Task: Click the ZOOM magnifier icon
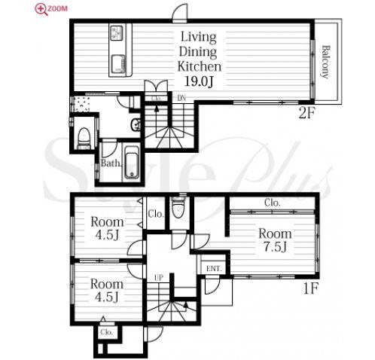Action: pyautogui.click(x=41, y=10)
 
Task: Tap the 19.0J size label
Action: pyautogui.click(x=200, y=81)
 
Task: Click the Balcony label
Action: pyautogui.click(x=325, y=62)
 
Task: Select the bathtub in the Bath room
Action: pyautogui.click(x=132, y=163)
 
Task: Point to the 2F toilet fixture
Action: pyautogui.click(x=84, y=139)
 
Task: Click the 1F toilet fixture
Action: pyautogui.click(x=178, y=207)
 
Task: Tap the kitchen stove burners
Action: pyautogui.click(x=117, y=32)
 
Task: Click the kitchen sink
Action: pyautogui.click(x=117, y=63)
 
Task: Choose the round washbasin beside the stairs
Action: pyautogui.click(x=136, y=124)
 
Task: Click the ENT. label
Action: pyautogui.click(x=214, y=269)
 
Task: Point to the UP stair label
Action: pyautogui.click(x=159, y=277)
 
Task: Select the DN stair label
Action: pyautogui.click(x=181, y=98)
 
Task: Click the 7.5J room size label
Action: pyautogui.click(x=275, y=247)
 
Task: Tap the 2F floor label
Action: pyautogui.click(x=306, y=114)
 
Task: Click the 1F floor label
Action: pyautogui.click(x=311, y=288)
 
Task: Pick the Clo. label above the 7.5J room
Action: pyautogui.click(x=272, y=203)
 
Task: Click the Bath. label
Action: pyautogui.click(x=111, y=163)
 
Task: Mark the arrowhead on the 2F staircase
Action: pyautogui.click(x=157, y=108)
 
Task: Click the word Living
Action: pyautogui.click(x=199, y=37)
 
